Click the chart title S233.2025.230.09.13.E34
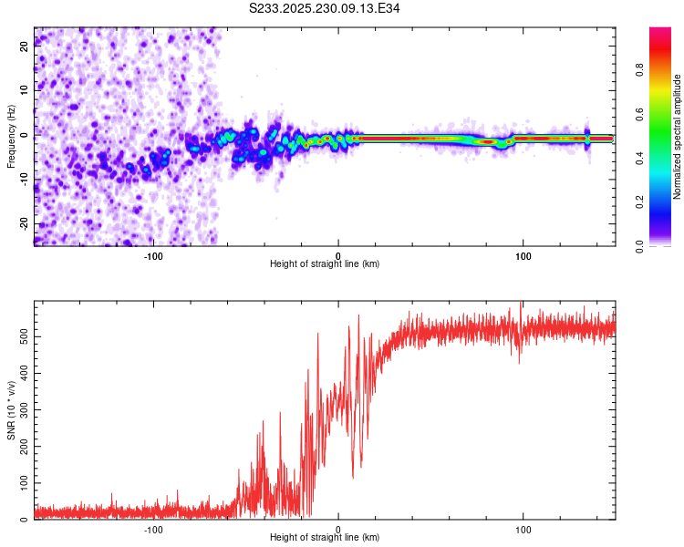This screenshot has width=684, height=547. pos(325,8)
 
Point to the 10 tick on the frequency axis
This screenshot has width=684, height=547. pos(25,90)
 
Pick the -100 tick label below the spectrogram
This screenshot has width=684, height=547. pos(153,254)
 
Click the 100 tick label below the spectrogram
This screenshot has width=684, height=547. pos(523,254)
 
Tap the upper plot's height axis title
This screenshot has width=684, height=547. pos(325,263)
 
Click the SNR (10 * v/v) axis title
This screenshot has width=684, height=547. pos(12,410)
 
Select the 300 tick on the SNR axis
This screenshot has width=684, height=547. pos(25,409)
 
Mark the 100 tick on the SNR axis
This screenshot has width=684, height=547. pos(25,483)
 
